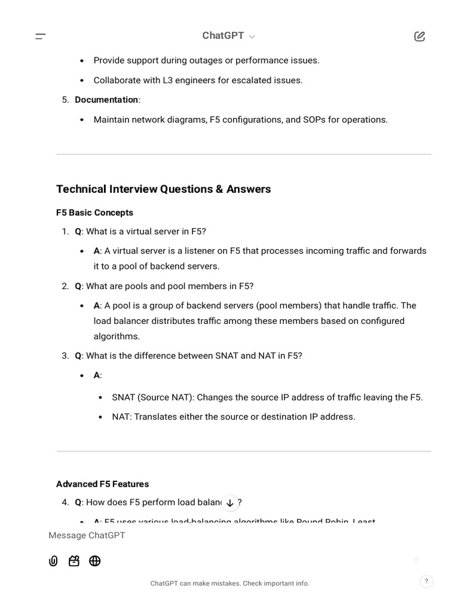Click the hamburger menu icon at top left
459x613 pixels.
pos(41,37)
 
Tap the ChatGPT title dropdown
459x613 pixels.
pos(228,36)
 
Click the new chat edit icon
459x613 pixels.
pos(420,37)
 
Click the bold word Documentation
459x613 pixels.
pos(106,100)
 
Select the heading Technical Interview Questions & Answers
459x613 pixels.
pos(163,189)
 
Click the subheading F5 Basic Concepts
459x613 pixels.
pos(94,213)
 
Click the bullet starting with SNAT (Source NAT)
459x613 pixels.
pos(267,397)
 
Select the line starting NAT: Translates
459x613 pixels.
pos(233,417)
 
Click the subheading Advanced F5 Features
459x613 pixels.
pos(102,484)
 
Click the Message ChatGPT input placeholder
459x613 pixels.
pos(87,535)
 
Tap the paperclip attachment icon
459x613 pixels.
pos(53,561)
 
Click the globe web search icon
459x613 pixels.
pos(94,561)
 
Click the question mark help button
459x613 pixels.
pos(426,581)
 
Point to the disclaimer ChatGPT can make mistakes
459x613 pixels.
pos(229,583)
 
